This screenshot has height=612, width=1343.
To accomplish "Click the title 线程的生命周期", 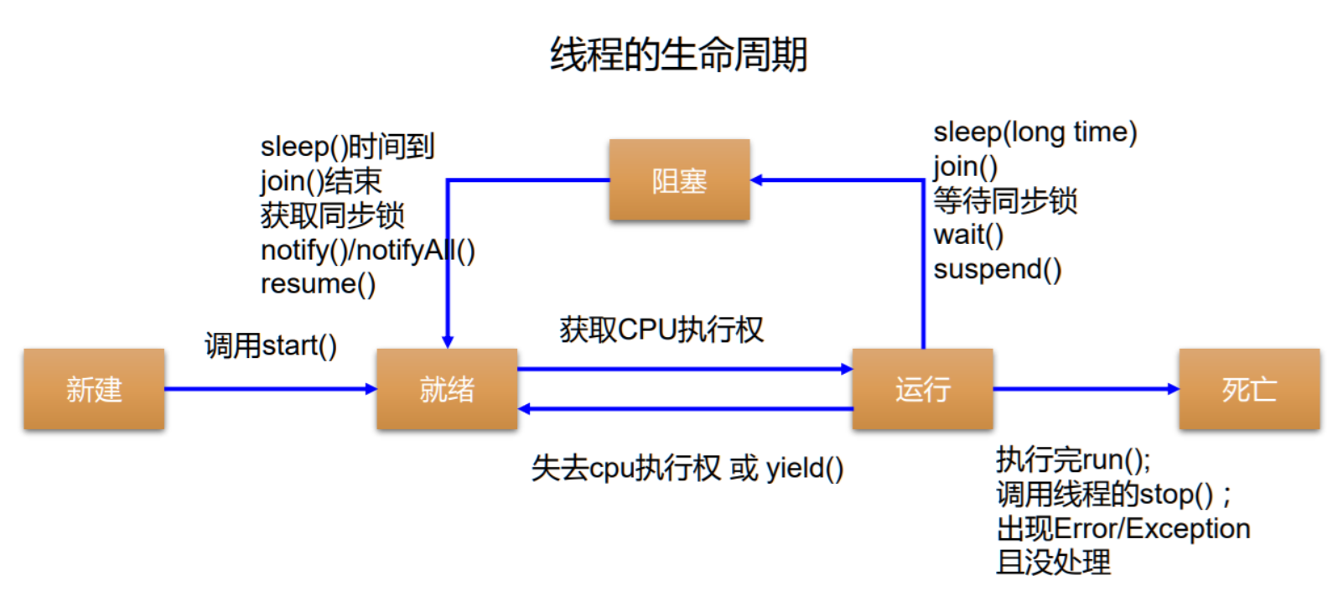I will (678, 55).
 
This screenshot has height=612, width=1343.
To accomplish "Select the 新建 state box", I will (94, 389).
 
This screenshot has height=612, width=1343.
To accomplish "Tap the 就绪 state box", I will (447, 389).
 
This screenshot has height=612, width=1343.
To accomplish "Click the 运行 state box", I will (922, 389).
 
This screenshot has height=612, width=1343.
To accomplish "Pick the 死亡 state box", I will (1249, 389).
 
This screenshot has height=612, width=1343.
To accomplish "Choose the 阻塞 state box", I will (679, 180).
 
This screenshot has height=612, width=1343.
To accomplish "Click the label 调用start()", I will (271, 345).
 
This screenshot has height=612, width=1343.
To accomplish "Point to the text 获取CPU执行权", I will (661, 329).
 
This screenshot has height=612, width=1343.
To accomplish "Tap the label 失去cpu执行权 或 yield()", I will (687, 468).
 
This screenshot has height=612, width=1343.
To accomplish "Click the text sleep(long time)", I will (1034, 132).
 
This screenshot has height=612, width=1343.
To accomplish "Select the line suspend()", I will (998, 269).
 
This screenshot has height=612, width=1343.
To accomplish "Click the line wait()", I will (968, 235).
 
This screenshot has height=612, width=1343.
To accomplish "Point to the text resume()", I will (318, 284).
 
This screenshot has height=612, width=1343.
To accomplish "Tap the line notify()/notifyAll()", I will (367, 250).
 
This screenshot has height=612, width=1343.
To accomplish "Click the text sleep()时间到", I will (347, 147).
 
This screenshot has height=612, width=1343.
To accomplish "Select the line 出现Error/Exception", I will (1123, 529).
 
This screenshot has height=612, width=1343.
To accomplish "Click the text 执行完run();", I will (1073, 460).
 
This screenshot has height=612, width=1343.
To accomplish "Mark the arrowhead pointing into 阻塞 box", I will (756, 179).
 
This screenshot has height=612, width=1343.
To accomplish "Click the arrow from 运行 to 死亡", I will (1086, 389).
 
